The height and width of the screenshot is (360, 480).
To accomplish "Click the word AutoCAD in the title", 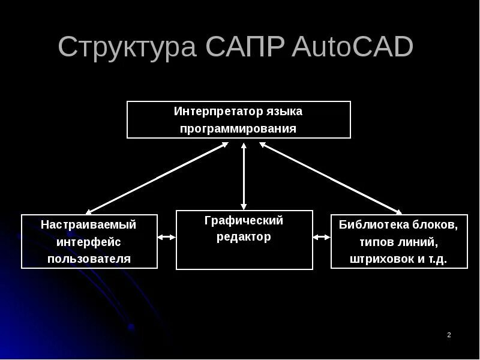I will click(352, 47).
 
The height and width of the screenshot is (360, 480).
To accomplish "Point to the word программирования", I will click(239, 129).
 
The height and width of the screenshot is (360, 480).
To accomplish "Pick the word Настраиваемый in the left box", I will click(89, 225).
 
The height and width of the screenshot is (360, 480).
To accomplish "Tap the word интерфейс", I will click(89, 242).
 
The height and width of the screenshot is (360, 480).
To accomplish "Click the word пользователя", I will click(89, 260).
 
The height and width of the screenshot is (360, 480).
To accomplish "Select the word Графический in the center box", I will click(244, 220).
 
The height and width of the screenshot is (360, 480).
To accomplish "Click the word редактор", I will click(244, 237).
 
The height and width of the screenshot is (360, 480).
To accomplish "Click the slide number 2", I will click(449, 335).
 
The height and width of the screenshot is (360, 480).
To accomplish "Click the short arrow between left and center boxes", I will click(166, 238).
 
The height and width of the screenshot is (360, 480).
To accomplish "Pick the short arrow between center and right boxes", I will click(322, 238).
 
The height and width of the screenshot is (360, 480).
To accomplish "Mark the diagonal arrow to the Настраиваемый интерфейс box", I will click(157, 178).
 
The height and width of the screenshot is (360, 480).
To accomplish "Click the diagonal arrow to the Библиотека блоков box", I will click(331, 178).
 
